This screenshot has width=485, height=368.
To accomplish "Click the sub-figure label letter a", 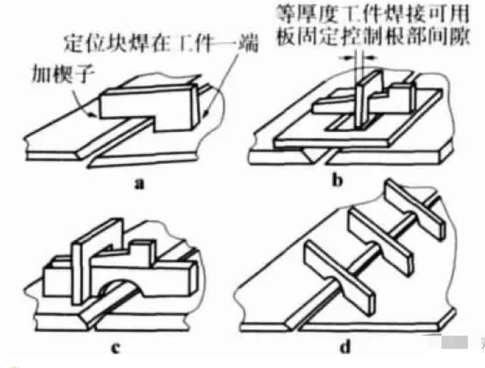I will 139,184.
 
